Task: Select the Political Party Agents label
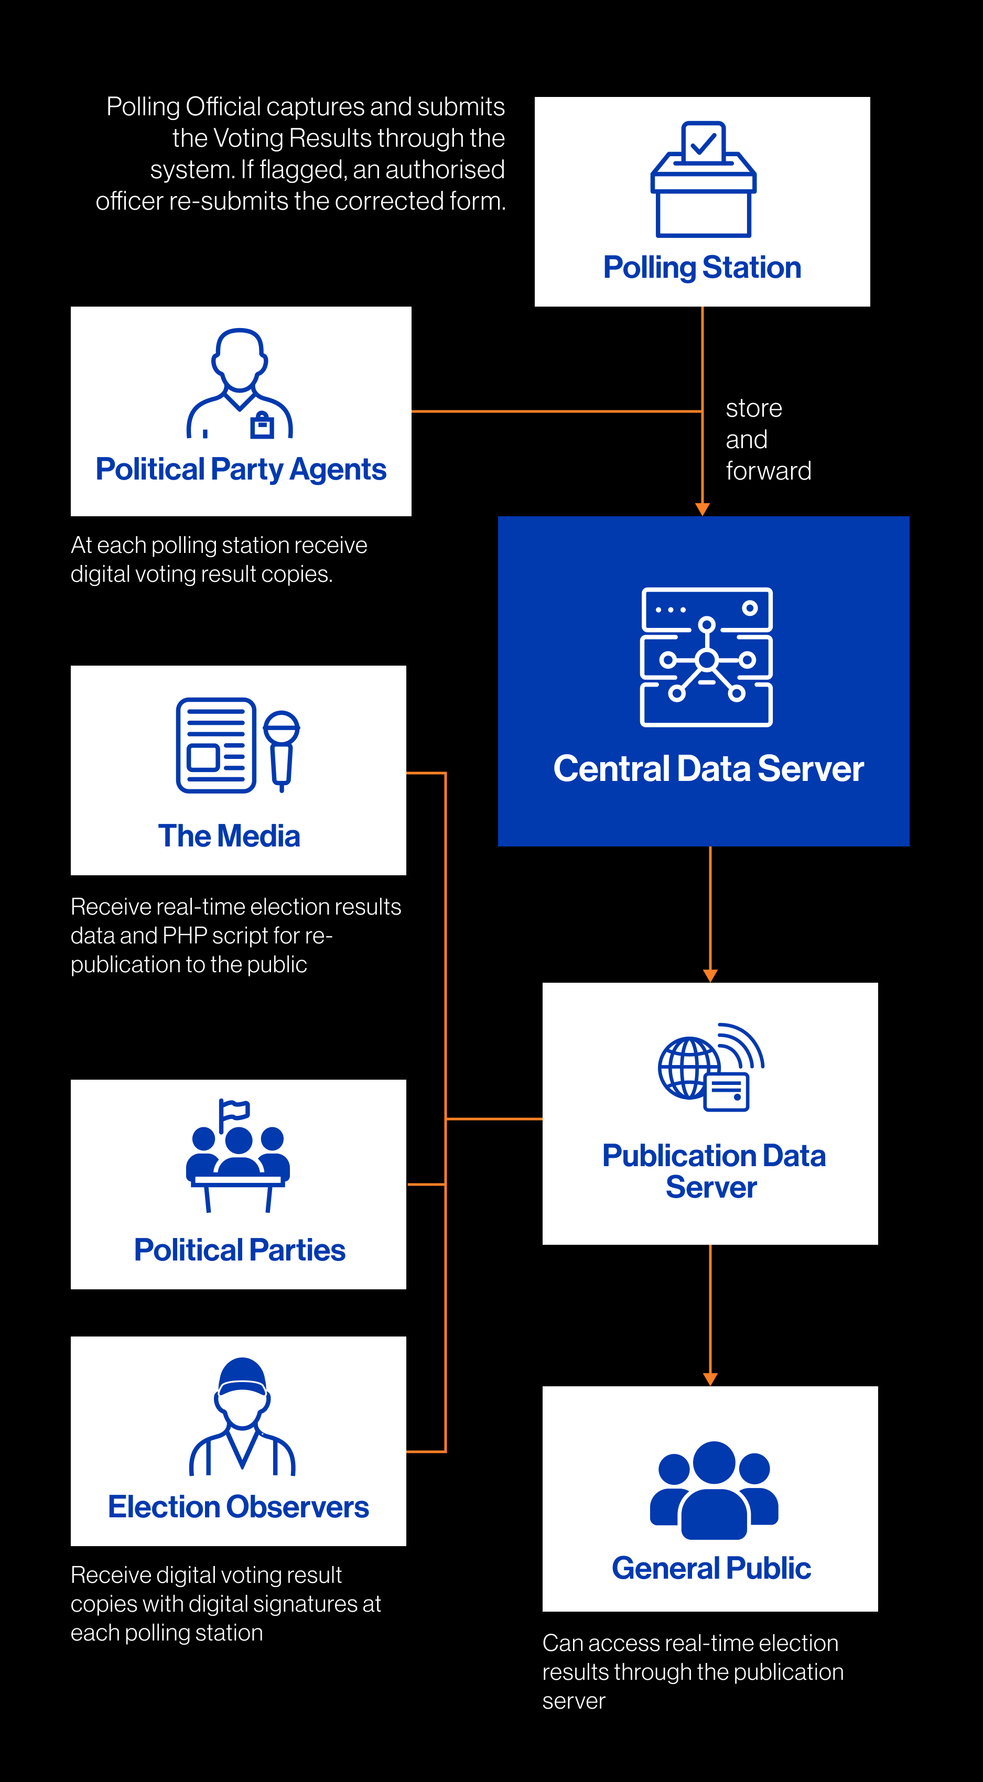(241, 469)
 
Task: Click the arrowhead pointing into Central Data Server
(702, 509)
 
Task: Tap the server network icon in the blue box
(706, 657)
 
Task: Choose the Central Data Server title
(708, 768)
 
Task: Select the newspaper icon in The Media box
(217, 745)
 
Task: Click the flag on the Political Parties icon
(234, 1111)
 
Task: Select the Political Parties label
(240, 1250)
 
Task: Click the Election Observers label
(239, 1507)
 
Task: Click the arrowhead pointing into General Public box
(710, 1379)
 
